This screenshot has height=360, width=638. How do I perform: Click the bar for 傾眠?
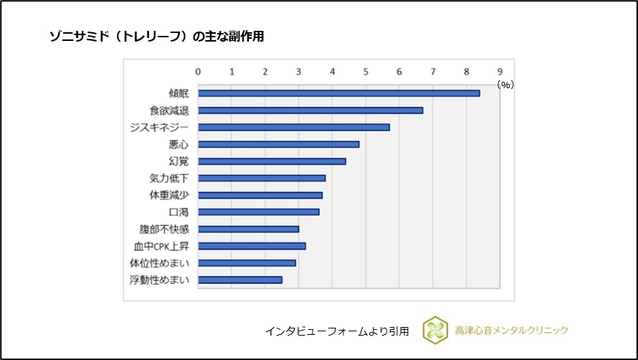click(x=338, y=93)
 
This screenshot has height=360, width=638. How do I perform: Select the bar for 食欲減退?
click(x=310, y=110)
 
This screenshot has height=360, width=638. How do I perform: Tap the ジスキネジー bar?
click(x=294, y=127)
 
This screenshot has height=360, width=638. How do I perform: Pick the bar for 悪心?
click(x=278, y=144)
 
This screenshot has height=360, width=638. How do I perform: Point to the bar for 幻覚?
click(x=272, y=161)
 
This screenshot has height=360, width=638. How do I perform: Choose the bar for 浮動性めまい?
click(x=240, y=280)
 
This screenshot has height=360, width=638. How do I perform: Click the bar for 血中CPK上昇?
click(x=252, y=246)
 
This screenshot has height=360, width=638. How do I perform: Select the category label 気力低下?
click(x=169, y=179)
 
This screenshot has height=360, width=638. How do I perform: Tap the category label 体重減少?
click(x=169, y=195)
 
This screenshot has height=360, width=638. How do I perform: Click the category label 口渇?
click(x=178, y=212)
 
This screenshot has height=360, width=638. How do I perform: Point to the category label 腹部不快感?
click(x=164, y=229)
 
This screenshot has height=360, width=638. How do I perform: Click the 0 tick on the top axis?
click(x=198, y=71)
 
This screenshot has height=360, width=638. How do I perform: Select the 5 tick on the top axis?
click(x=366, y=71)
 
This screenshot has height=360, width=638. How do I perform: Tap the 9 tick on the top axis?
click(x=500, y=71)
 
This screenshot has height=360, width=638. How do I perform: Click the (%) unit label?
click(x=506, y=85)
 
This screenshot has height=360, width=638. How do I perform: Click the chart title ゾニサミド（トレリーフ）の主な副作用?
click(x=156, y=37)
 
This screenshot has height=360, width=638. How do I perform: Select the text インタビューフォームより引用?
click(x=337, y=331)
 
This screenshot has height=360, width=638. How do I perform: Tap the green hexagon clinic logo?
click(x=434, y=330)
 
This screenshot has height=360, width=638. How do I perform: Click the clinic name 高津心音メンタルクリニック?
click(x=511, y=330)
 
